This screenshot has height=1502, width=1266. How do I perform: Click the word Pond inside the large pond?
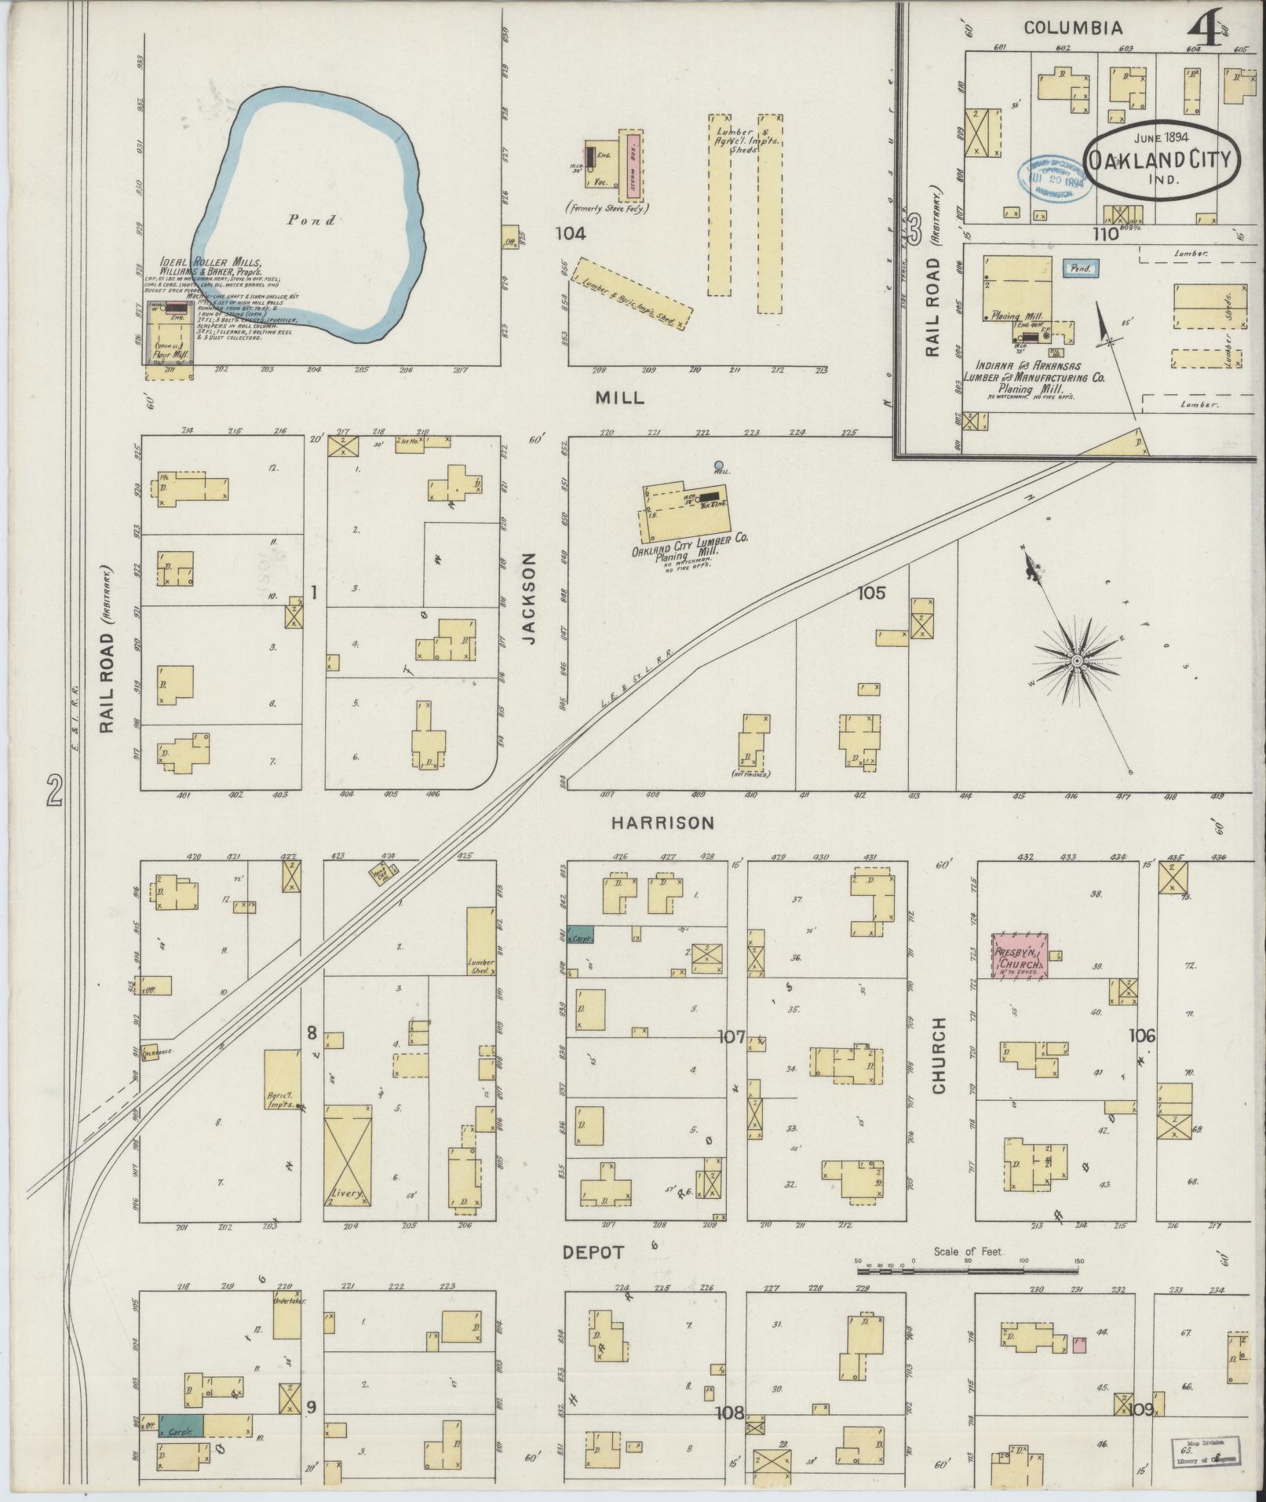point(311,221)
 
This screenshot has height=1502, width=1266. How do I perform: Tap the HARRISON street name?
point(663,823)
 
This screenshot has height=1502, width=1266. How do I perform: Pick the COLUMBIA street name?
point(1073,28)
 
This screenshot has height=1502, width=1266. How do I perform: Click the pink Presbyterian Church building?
point(1020,956)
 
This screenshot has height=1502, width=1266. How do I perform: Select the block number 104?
point(571,233)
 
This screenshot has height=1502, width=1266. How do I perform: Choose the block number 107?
point(732,1038)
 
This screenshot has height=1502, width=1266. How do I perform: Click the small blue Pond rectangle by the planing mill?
point(1081,269)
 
